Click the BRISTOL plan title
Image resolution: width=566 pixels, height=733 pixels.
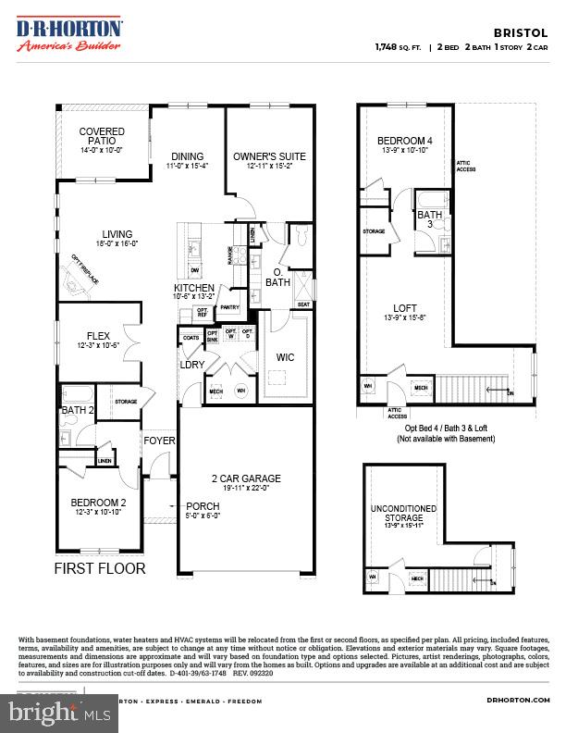[530, 31]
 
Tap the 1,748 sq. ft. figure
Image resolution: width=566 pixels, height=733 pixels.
[396, 45]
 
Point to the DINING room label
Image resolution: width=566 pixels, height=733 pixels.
[186, 156]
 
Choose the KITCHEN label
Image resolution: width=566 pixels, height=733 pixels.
[194, 288]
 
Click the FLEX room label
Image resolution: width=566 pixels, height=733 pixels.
[99, 336]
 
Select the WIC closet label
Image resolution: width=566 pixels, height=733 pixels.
[286, 355]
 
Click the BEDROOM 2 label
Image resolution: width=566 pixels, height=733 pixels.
[98, 503]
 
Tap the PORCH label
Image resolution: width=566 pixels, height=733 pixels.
[203, 505]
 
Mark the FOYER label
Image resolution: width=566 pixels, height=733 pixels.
[159, 441]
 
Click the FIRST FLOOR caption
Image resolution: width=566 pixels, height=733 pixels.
[100, 568]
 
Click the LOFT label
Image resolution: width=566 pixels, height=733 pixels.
[404, 308]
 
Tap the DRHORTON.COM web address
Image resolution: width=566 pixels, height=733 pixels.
[518, 701]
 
